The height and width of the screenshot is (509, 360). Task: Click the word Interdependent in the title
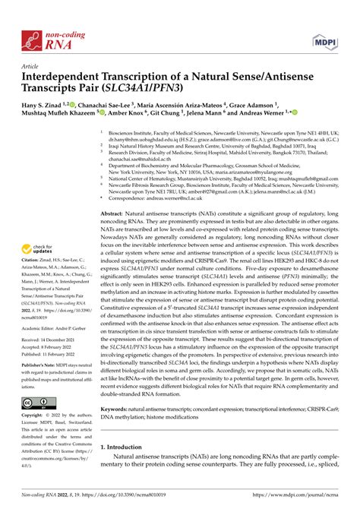tap(62, 77)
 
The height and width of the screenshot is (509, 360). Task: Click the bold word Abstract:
tap(114, 194)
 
